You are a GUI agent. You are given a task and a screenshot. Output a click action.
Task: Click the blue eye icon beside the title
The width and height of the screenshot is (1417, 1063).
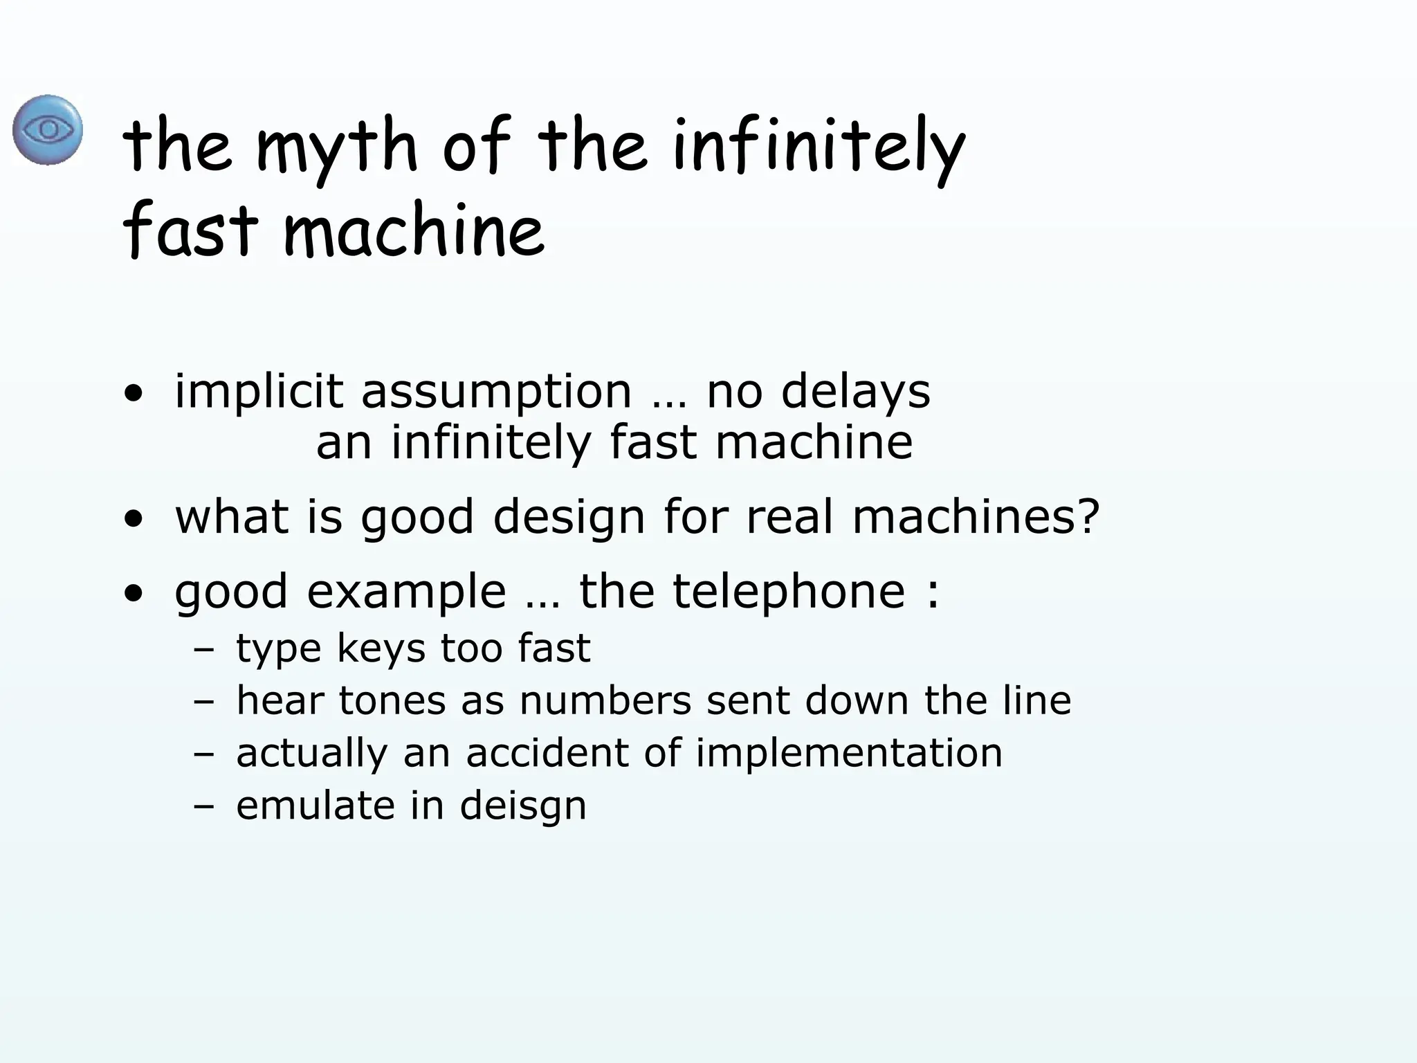(x=48, y=130)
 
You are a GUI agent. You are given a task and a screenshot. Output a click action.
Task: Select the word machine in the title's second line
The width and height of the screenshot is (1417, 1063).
(x=413, y=231)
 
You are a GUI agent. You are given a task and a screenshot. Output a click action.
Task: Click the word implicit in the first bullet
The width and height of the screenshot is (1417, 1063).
(x=259, y=392)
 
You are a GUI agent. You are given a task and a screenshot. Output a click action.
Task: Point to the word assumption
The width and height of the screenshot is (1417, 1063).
(x=496, y=392)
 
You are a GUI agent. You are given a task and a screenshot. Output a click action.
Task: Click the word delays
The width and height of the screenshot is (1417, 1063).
(x=855, y=392)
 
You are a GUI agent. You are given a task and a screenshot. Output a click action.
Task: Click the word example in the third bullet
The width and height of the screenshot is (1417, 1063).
(x=406, y=592)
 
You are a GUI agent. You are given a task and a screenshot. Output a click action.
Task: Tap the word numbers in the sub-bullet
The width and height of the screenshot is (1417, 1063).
(x=605, y=700)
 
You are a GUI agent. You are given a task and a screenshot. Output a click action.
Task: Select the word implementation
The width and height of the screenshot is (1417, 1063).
(x=848, y=753)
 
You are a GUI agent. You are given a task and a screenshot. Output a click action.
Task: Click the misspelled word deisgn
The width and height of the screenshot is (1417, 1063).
(x=522, y=806)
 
